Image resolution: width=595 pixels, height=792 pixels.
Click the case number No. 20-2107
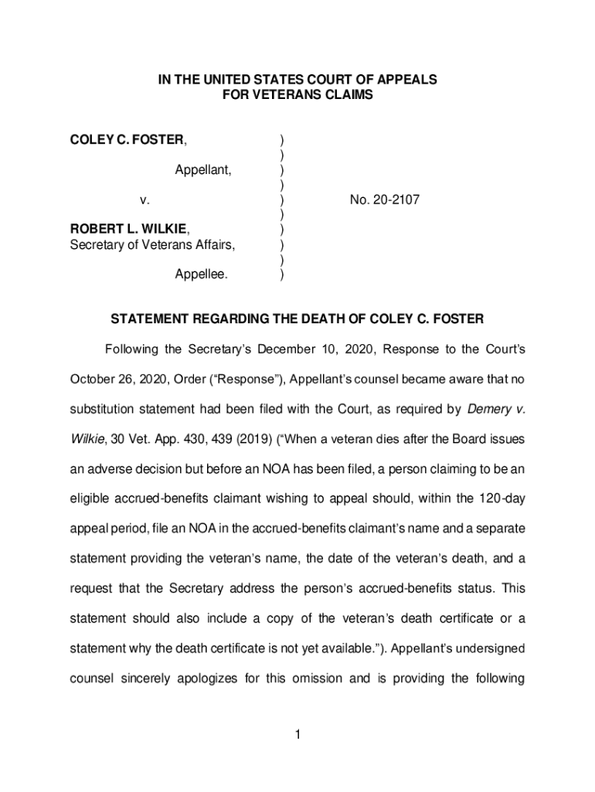pos(384,200)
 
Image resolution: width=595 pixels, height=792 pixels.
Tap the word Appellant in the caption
pos(202,170)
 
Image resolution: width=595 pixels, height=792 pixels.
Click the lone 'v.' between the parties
pos(144,200)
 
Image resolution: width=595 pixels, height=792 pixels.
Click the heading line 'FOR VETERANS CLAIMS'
pos(298,95)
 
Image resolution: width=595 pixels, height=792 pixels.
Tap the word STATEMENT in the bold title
pos(149,319)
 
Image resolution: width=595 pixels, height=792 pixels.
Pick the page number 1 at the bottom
pos(297,734)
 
